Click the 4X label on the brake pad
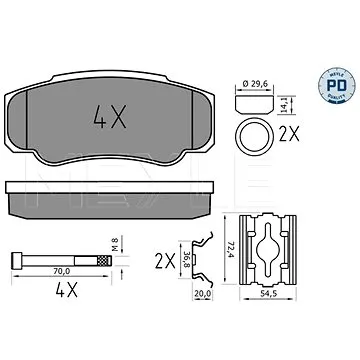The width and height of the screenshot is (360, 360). (110, 117)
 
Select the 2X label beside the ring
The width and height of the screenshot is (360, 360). (288, 134)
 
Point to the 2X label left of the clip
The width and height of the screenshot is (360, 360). (165, 261)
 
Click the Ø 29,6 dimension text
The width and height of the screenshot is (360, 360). (255, 84)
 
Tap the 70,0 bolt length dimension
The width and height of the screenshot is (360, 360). (62, 272)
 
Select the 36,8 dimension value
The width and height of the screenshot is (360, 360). (187, 260)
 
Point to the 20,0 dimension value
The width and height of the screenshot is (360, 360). (202, 294)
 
